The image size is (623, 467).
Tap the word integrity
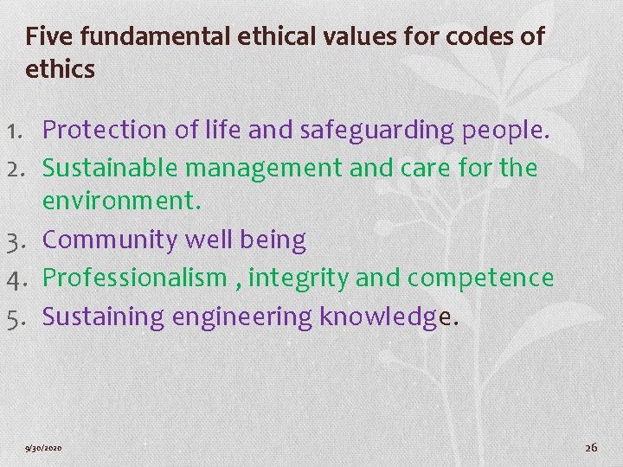pos(299,278)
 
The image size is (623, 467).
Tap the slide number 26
pos(592,447)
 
